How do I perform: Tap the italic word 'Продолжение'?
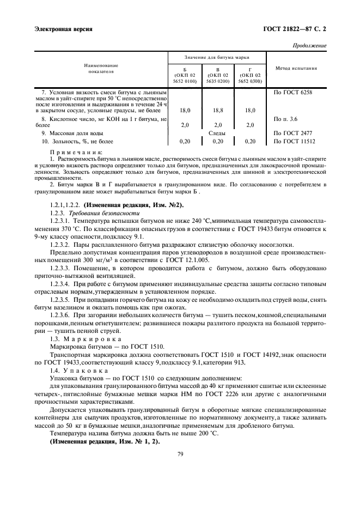coord(310,45)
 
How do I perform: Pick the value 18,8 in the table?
coord(218,110)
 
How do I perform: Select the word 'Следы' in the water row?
coord(217,133)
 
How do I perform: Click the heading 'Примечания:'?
coord(71,152)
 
